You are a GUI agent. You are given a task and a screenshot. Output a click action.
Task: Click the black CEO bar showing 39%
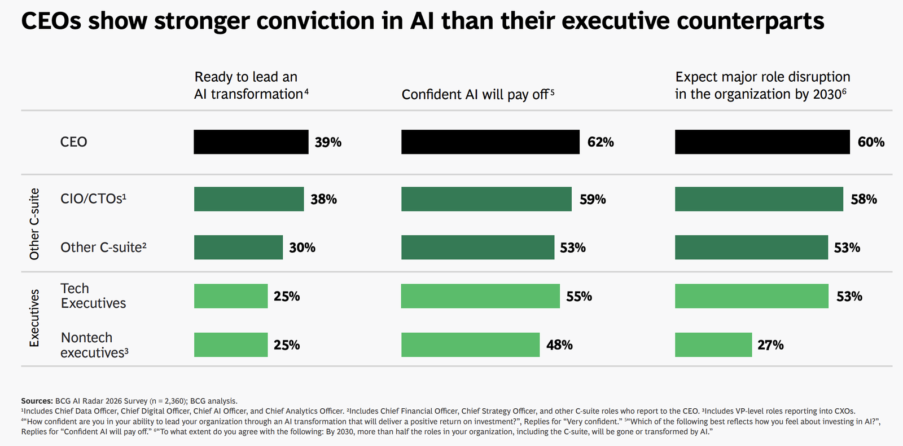[251, 142]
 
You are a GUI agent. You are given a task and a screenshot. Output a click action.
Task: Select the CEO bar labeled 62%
[490, 142]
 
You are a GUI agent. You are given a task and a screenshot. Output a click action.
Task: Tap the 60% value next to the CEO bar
[871, 142]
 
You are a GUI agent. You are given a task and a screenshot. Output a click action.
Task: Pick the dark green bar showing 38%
[248, 199]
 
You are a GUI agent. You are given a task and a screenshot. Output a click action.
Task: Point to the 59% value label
[593, 199]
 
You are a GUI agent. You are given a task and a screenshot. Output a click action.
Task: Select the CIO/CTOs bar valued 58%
[759, 199]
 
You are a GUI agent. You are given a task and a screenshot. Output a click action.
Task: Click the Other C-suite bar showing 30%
[238, 248]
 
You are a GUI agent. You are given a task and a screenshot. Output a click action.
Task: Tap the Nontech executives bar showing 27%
[713, 345]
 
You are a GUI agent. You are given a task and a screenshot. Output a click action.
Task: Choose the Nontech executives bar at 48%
[470, 345]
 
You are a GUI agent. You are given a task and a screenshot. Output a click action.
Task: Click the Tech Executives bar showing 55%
[480, 296]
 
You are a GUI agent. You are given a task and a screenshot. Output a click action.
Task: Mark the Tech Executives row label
[93, 296]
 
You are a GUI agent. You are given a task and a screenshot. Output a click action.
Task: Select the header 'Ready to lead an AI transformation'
[251, 85]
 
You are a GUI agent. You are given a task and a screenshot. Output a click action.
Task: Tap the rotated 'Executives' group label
[34, 318]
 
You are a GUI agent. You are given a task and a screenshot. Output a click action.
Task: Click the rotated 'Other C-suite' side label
[34, 224]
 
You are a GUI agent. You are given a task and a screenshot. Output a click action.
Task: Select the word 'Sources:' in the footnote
[37, 401]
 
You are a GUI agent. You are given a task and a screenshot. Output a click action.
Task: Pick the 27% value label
[770, 345]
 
